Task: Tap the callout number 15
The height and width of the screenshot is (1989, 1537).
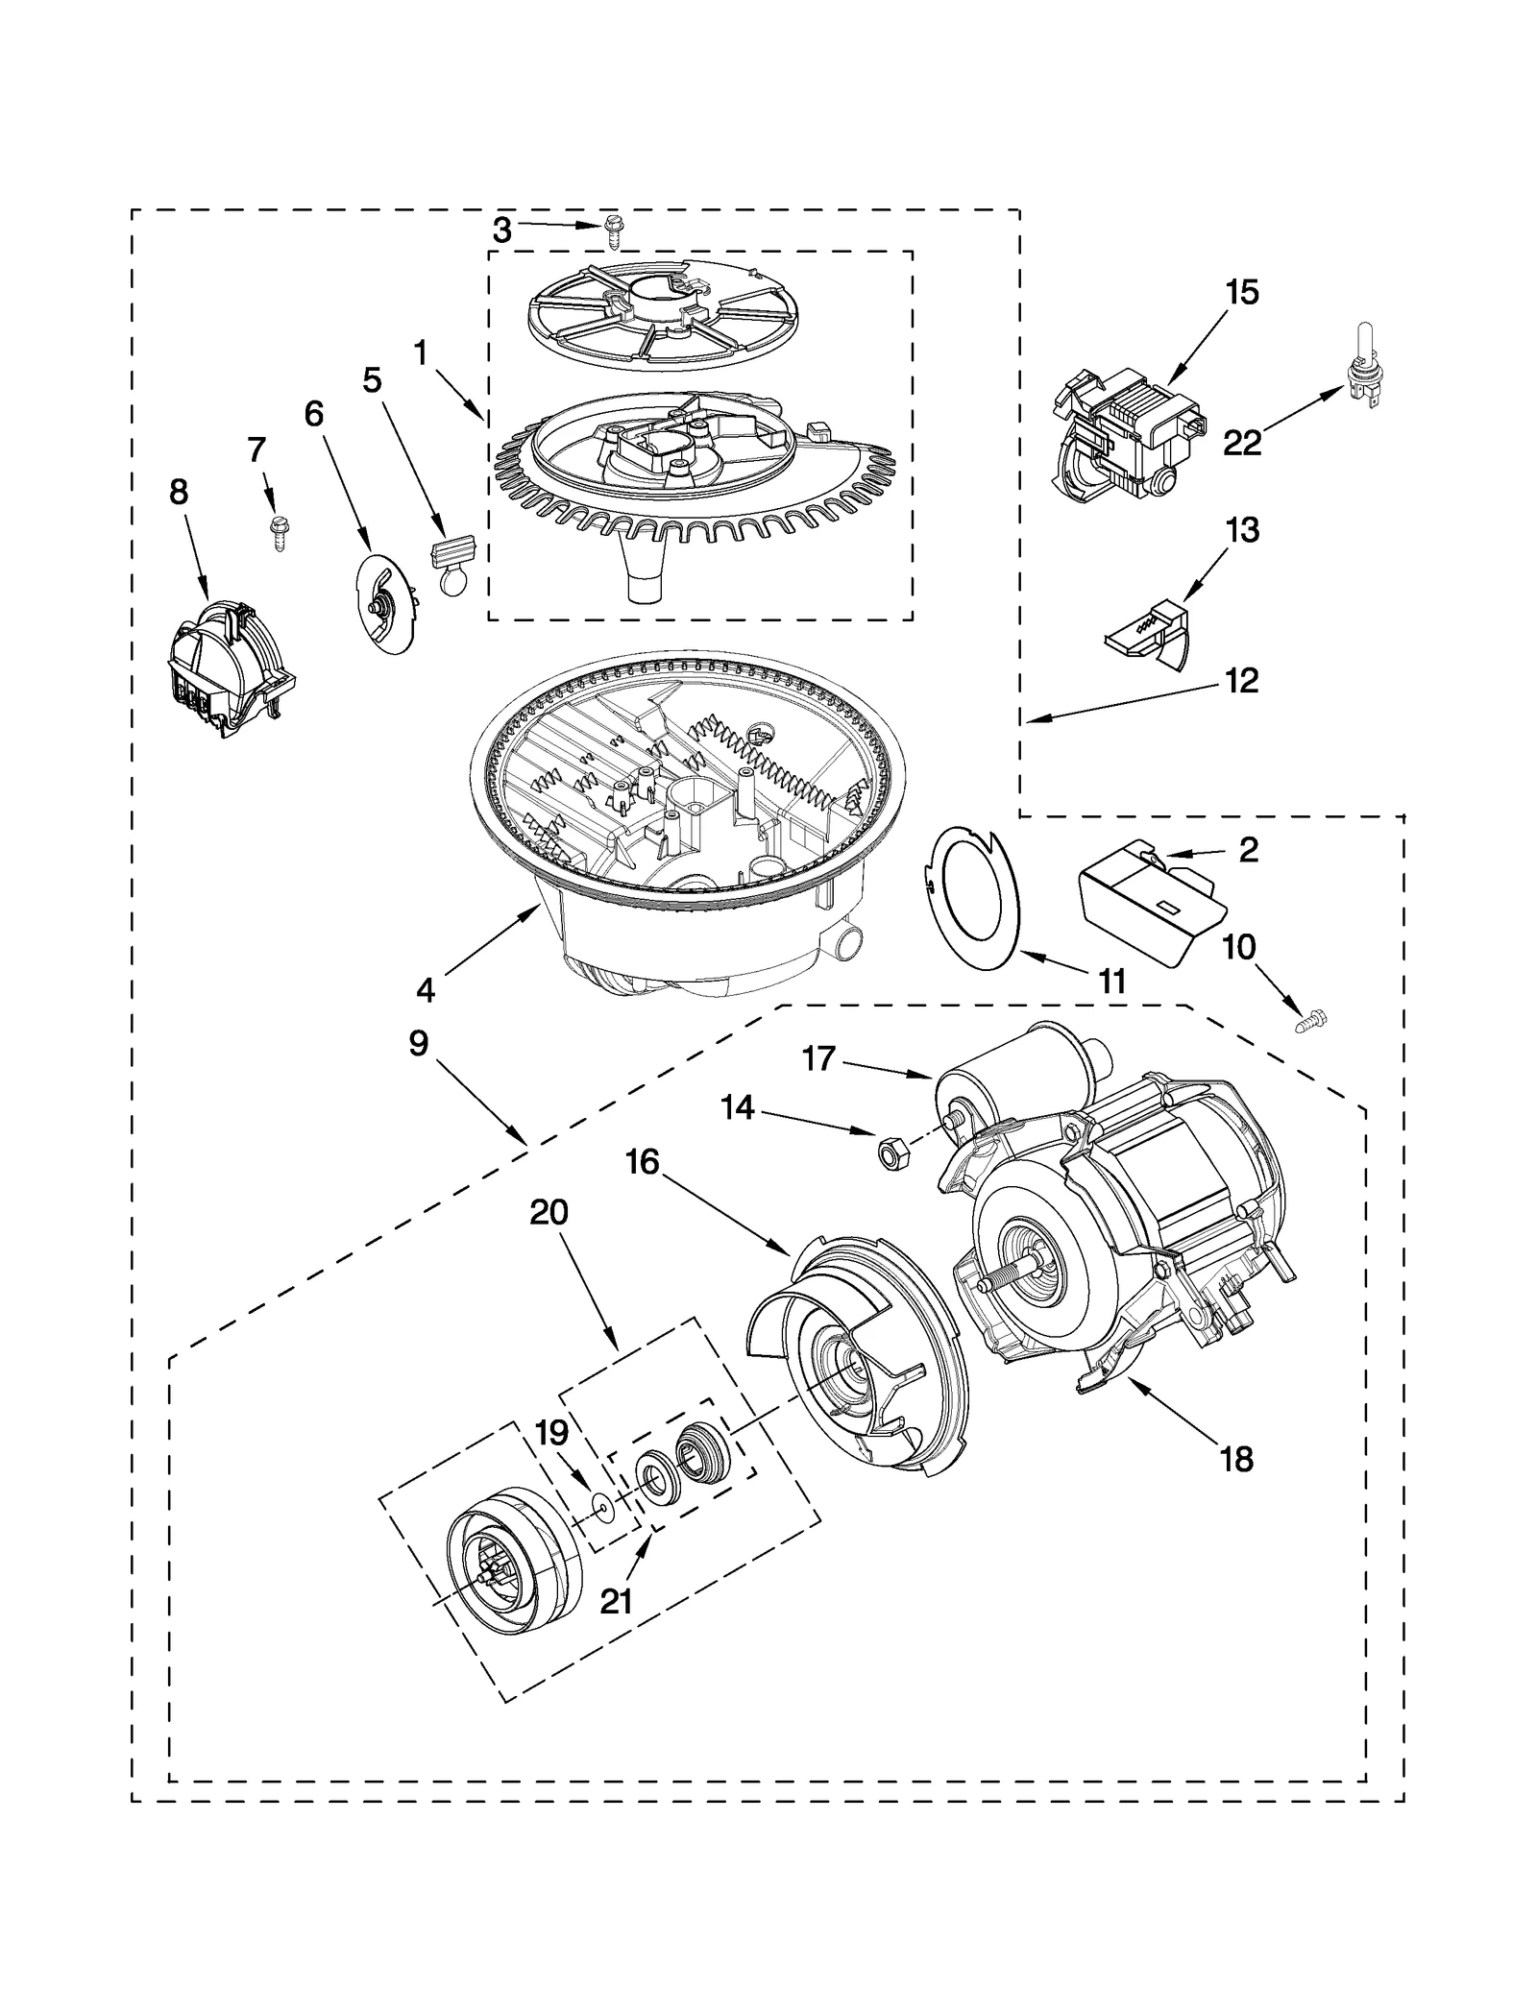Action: pos(1242,293)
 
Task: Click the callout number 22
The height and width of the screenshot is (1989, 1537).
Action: pos(1241,443)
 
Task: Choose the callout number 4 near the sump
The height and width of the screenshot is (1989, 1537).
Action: pos(426,989)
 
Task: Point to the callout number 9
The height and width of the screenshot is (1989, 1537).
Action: pos(418,1044)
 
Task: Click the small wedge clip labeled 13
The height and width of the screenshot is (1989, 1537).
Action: pos(1149,632)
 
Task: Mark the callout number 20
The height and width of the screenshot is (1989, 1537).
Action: pos(549,1213)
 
